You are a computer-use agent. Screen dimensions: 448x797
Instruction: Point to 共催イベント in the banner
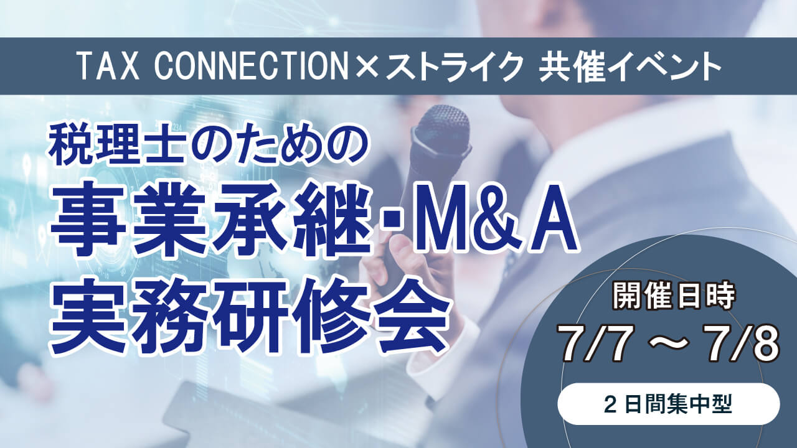(630, 67)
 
